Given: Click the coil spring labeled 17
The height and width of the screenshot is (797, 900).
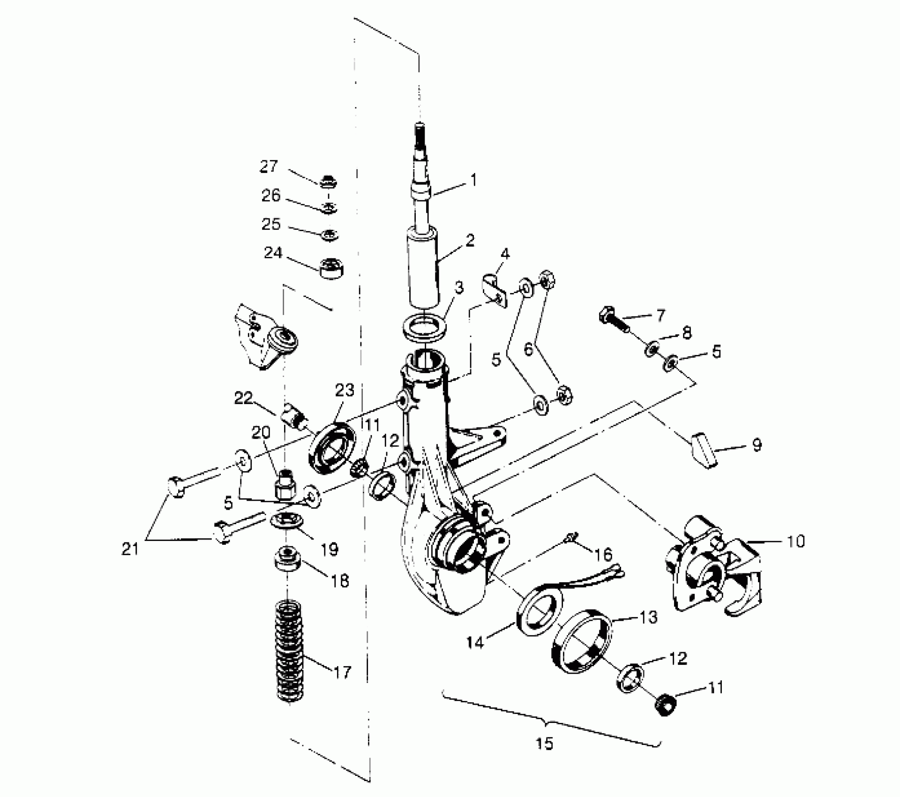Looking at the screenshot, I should coord(290,652).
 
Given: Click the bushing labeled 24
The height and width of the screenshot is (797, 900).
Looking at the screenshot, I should coord(332,268).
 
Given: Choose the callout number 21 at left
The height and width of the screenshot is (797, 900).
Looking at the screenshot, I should coord(130,548).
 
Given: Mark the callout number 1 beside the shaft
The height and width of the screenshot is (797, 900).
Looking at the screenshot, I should coord(473,180).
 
